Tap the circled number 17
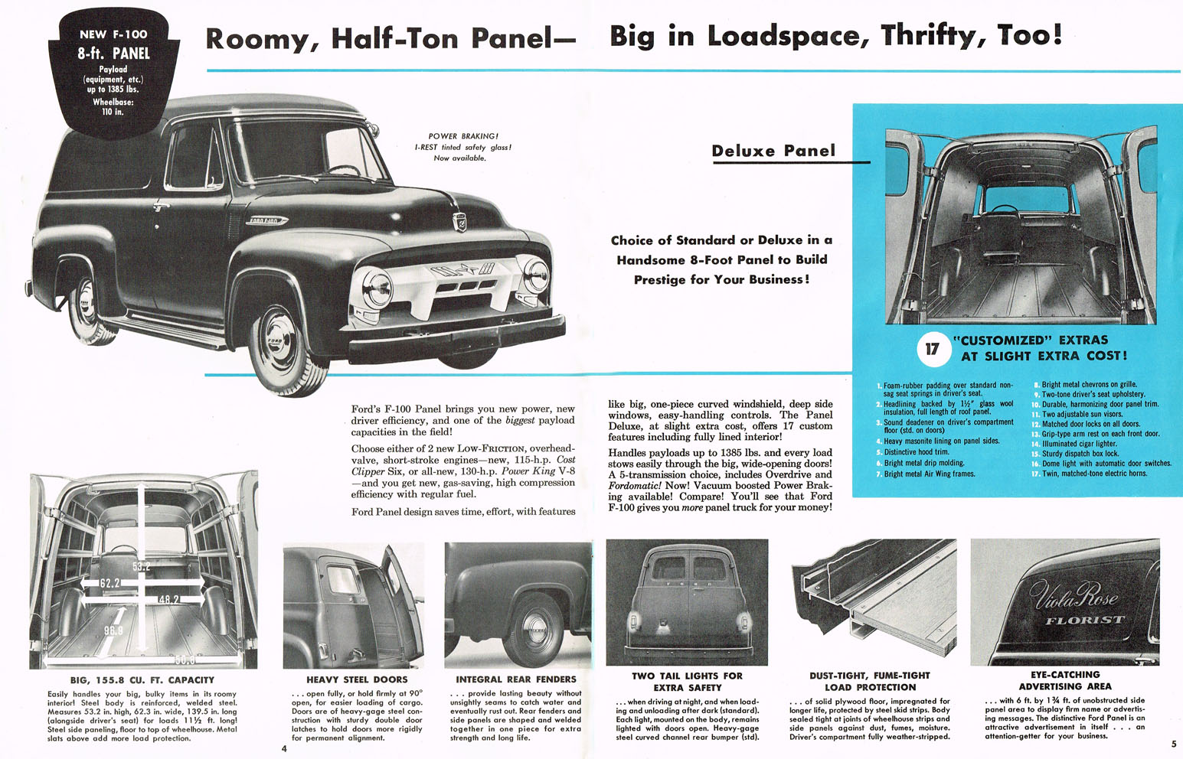pyautogui.click(x=932, y=349)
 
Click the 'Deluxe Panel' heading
pyautogui.click(x=773, y=151)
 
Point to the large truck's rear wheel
pyautogui.click(x=88, y=304)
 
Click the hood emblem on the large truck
pyautogui.click(x=459, y=223)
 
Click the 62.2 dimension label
pyautogui.click(x=109, y=583)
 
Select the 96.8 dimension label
pyautogui.click(x=113, y=630)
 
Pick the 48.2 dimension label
pyautogui.click(x=169, y=599)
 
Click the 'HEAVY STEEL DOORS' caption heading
pyautogui.click(x=357, y=679)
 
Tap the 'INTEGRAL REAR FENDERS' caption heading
pyautogui.click(x=516, y=679)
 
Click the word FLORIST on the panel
pyautogui.click(x=1085, y=620)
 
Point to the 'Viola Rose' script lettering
pyautogui.click(x=1074, y=593)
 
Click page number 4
pyautogui.click(x=284, y=748)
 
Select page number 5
pyautogui.click(x=1174, y=744)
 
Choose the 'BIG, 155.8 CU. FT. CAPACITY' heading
pyautogui.click(x=142, y=679)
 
